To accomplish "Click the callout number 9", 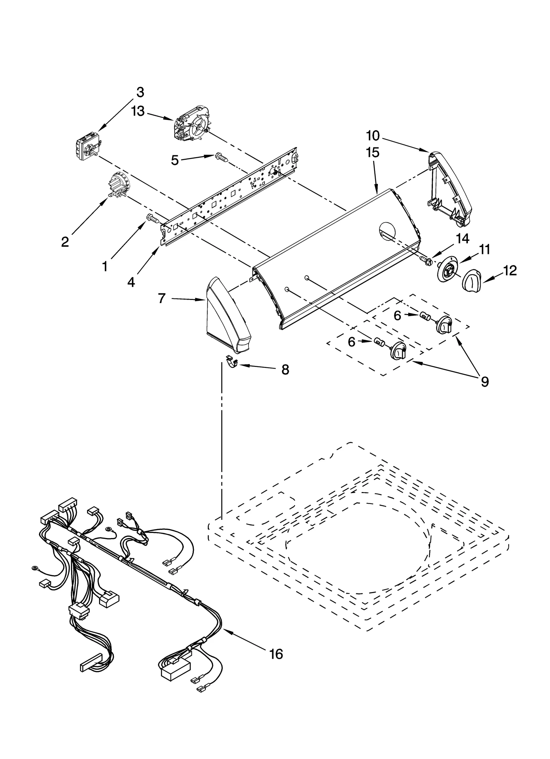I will [x=484, y=382].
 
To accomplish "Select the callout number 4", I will [x=131, y=282].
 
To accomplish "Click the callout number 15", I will [x=373, y=152].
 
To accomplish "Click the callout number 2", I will [x=65, y=242].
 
